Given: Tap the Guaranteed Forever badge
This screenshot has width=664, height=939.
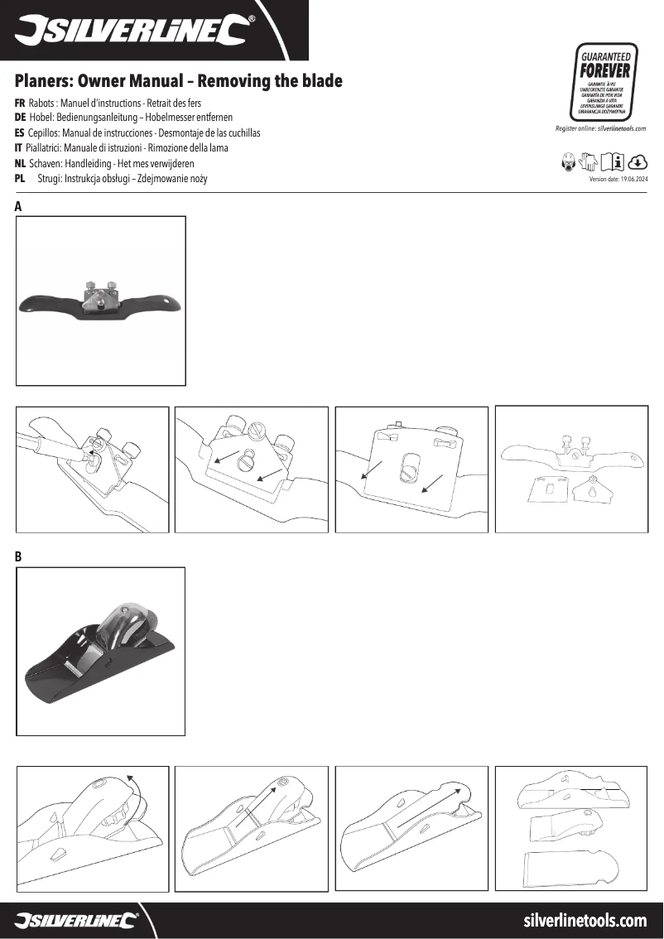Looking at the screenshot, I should tap(605, 82).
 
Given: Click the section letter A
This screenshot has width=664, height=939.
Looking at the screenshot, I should tap(18, 207).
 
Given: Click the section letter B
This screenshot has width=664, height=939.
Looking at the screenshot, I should tap(18, 557).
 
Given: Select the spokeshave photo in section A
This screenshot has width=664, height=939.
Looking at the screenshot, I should tap(101, 301).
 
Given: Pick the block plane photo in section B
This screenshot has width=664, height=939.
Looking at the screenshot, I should tap(101, 652).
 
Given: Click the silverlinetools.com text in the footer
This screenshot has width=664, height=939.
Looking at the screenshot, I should tap(585, 920).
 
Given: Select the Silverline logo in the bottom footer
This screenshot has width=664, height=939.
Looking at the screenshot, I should tap(75, 920).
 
